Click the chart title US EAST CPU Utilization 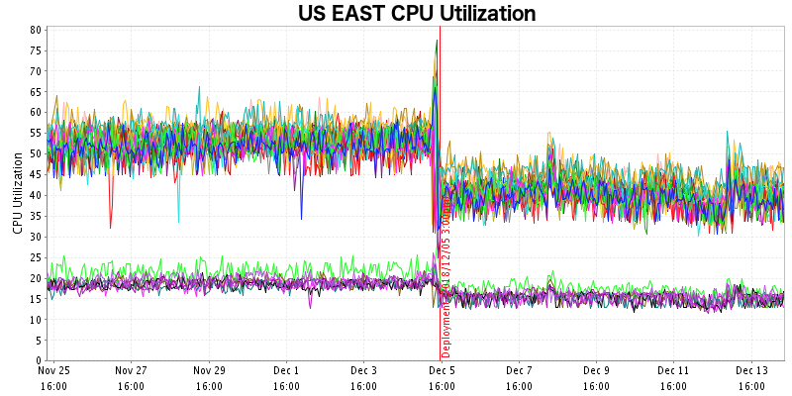[417, 14]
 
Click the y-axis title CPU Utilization [17, 193]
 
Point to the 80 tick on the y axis [35, 30]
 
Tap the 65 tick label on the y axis [35, 92]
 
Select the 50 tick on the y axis [35, 153]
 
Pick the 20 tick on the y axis [35, 278]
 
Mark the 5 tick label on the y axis [38, 341]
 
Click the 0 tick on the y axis [38, 361]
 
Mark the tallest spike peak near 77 [437, 41]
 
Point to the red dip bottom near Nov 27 [111, 228]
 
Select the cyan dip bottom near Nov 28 [178, 222]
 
